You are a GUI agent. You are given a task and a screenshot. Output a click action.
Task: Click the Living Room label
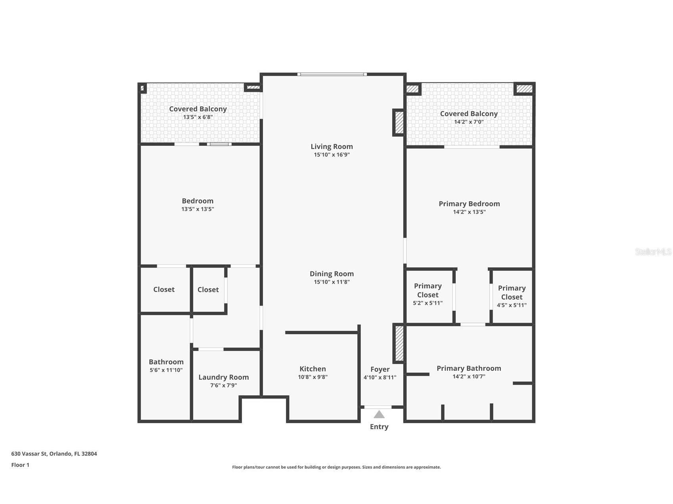click(x=332, y=147)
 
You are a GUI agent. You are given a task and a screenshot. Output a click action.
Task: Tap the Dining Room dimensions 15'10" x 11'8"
click(x=332, y=282)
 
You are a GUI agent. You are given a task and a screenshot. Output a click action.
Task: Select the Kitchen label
click(x=313, y=369)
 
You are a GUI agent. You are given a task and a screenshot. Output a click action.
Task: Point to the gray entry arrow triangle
click(x=379, y=414)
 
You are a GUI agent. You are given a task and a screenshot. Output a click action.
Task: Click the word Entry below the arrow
click(x=379, y=427)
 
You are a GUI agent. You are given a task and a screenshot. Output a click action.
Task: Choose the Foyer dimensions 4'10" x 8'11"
click(x=380, y=378)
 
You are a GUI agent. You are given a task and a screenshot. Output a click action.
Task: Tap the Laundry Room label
click(x=223, y=377)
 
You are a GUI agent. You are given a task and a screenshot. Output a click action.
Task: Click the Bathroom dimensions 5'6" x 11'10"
click(x=166, y=370)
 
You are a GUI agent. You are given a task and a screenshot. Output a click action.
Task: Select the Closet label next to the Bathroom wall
click(x=164, y=290)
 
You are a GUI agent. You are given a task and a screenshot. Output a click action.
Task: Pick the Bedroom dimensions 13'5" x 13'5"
click(x=197, y=209)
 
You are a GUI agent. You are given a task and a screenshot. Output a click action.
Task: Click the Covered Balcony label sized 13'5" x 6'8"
click(x=197, y=109)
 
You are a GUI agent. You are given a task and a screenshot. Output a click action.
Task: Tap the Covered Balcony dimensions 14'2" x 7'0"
click(x=469, y=122)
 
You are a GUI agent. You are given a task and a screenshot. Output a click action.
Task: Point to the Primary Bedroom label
click(x=469, y=204)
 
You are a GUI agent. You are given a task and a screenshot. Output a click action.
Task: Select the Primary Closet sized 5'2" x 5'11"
click(x=428, y=294)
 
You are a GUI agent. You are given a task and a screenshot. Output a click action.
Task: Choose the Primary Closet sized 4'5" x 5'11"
click(x=512, y=296)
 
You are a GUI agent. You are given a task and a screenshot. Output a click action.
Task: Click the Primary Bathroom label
click(x=469, y=368)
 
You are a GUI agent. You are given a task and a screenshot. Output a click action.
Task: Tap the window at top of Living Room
click(x=332, y=74)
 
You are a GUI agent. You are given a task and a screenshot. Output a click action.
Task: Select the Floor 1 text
click(x=20, y=465)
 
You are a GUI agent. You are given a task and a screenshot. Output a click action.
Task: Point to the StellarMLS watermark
click(x=653, y=252)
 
